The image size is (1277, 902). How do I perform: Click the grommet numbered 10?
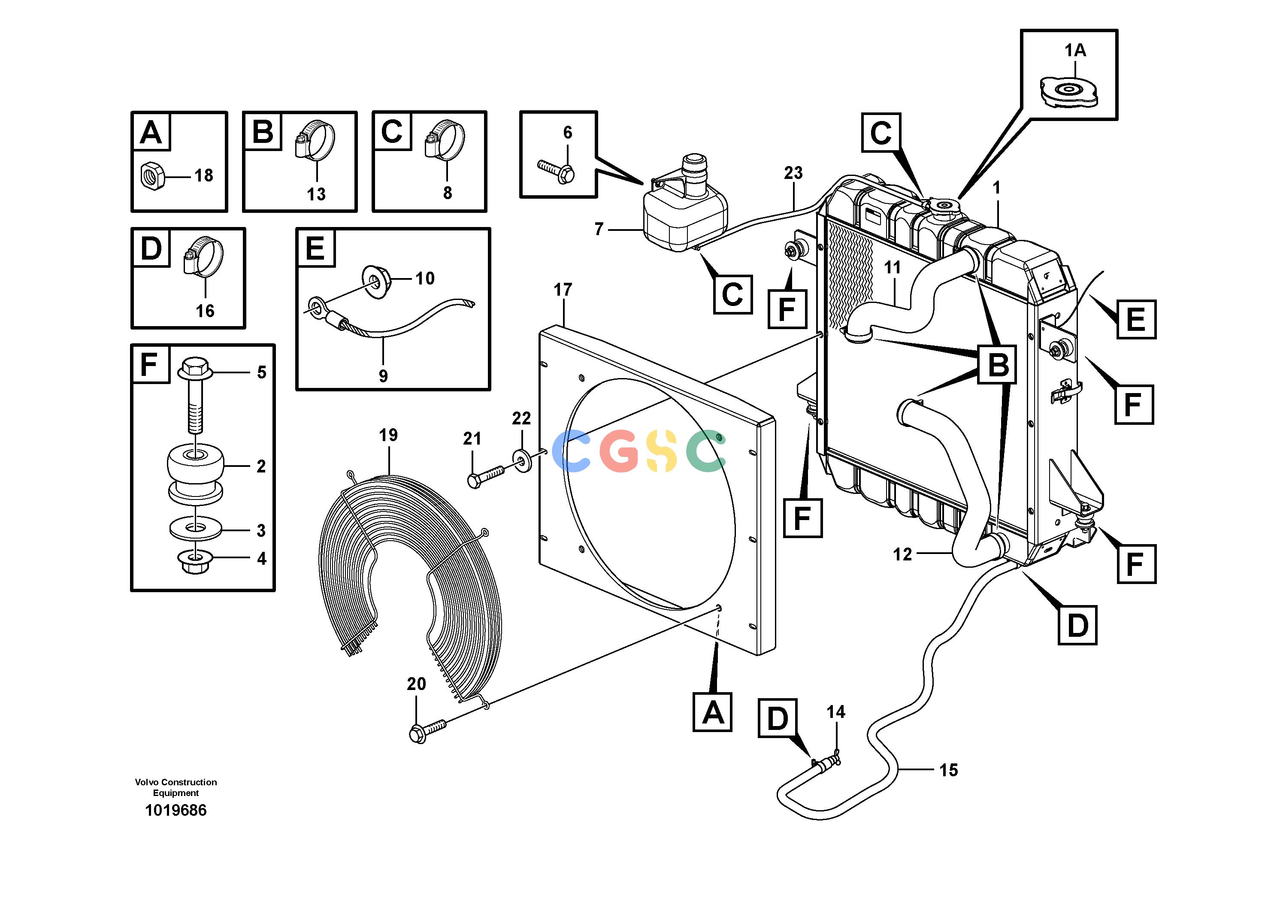(378, 281)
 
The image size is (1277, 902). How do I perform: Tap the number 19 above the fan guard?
(388, 435)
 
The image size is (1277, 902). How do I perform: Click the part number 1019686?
(176, 810)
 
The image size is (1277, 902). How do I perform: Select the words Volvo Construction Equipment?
(176, 787)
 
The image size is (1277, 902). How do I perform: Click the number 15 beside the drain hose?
(949, 770)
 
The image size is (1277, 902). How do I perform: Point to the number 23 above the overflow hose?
(793, 173)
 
